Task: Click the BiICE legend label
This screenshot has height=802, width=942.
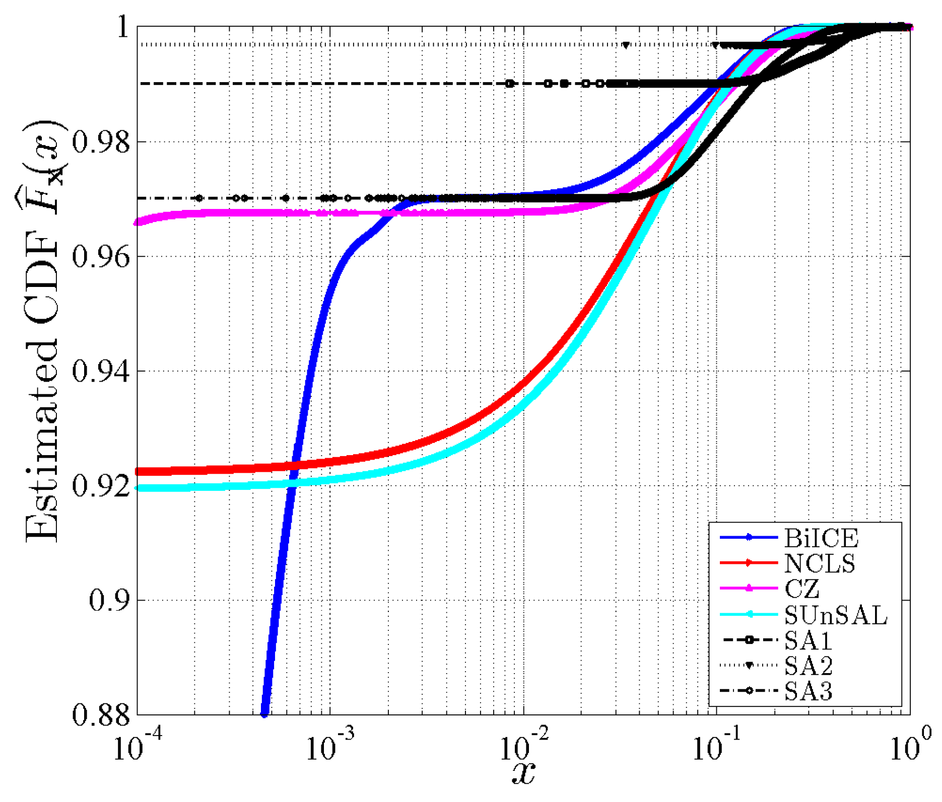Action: tap(821, 538)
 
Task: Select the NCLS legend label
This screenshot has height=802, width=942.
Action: tap(819, 563)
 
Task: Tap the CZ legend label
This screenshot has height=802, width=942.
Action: tap(801, 589)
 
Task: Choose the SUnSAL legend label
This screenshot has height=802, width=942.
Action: tap(835, 615)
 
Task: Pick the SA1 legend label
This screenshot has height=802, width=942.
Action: tap(808, 640)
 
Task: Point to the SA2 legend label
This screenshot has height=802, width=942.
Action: tap(808, 666)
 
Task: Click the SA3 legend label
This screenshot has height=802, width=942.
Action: tap(808, 692)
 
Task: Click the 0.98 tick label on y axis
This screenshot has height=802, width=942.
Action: tap(101, 142)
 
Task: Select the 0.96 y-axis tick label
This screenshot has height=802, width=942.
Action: tap(101, 257)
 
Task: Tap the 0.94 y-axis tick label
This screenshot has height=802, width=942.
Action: tap(101, 372)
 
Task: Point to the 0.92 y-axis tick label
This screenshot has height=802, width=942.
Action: tap(101, 486)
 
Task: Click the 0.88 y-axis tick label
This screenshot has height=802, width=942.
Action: tap(101, 715)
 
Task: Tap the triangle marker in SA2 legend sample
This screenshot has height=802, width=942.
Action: tap(749, 666)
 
